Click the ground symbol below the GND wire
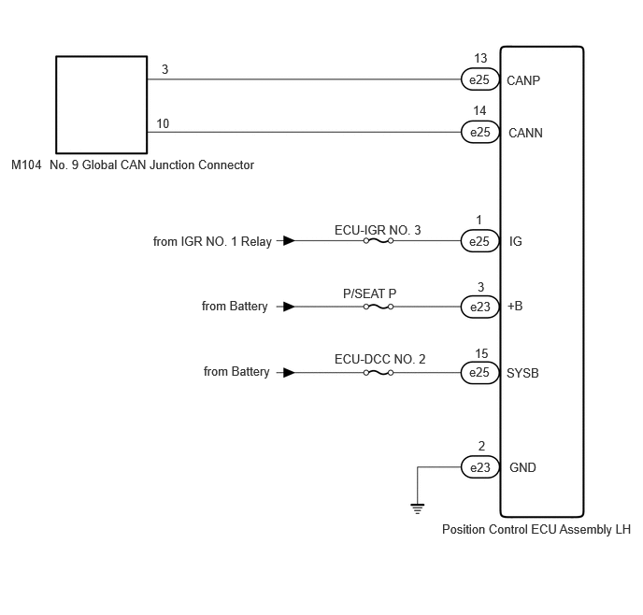pyautogui.click(x=418, y=508)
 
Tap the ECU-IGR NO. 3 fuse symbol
pyautogui.click(x=379, y=240)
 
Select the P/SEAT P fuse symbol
pyautogui.click(x=379, y=307)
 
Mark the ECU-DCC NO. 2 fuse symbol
pyautogui.click(x=379, y=373)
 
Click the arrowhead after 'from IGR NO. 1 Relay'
pyautogui.click(x=289, y=240)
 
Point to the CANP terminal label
pyautogui.click(x=523, y=80)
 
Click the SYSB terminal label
pyautogui.click(x=522, y=373)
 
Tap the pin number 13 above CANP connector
pyautogui.click(x=480, y=58)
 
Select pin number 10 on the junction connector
pyautogui.click(x=163, y=123)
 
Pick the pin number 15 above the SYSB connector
pyautogui.click(x=481, y=353)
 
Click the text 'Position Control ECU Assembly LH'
pyautogui.click(x=536, y=529)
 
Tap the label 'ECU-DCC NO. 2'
pyautogui.click(x=380, y=359)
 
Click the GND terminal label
pyautogui.click(x=522, y=467)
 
